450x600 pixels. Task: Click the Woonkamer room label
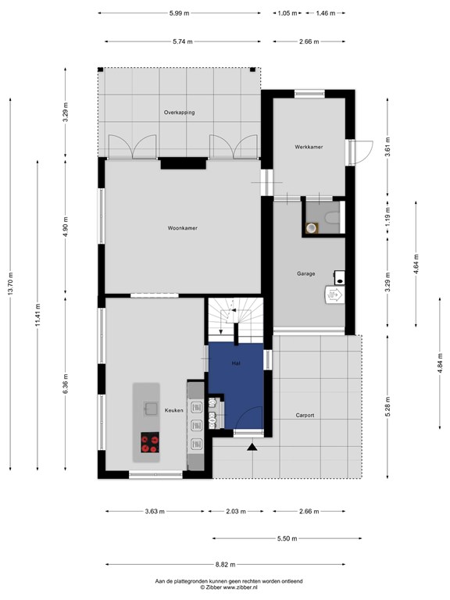[x=183, y=228]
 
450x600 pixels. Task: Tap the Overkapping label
[x=179, y=112]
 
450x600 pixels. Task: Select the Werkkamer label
[x=309, y=147]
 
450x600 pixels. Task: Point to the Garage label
[x=305, y=273]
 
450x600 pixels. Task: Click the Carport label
[x=305, y=415]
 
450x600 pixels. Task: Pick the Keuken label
[x=173, y=410]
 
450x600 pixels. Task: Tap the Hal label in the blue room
[x=236, y=363]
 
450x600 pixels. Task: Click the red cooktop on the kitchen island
[x=150, y=443]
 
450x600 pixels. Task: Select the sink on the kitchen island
[x=150, y=409]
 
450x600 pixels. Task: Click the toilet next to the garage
[x=332, y=218]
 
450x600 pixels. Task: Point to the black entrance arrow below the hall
[x=252, y=447]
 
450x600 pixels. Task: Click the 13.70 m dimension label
[x=10, y=284]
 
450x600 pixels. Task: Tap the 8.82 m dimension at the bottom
[x=225, y=564]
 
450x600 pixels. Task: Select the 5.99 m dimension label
[x=179, y=13]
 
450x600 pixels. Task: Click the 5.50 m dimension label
[x=287, y=539]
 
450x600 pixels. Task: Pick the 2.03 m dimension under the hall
[x=236, y=511]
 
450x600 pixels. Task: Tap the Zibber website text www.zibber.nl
[x=240, y=587]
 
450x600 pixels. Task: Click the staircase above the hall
[x=236, y=320]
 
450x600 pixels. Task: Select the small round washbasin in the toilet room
[x=312, y=227]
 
